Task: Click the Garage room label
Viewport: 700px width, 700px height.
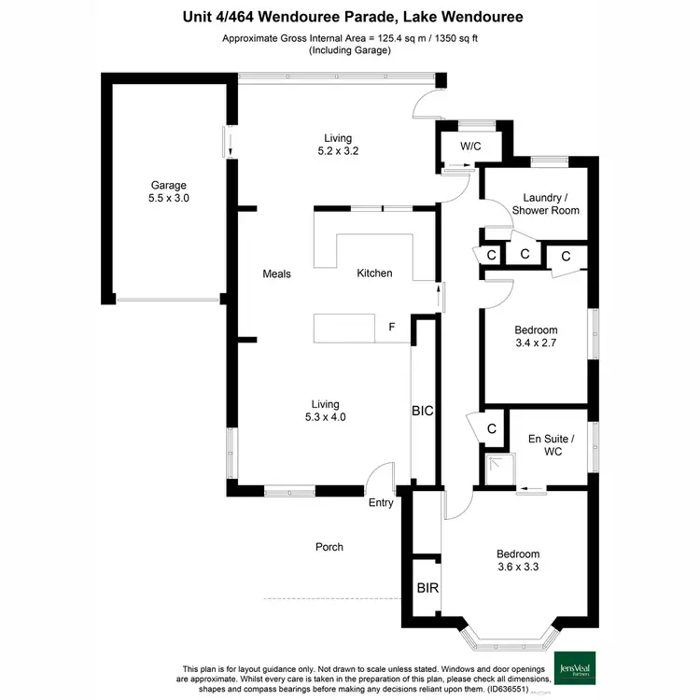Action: [x=170, y=185]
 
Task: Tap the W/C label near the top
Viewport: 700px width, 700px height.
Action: [x=471, y=147]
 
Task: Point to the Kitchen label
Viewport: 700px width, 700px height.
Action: [x=374, y=273]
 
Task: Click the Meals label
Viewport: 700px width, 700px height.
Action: [x=277, y=274]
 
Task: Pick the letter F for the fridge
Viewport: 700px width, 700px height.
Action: [x=391, y=328]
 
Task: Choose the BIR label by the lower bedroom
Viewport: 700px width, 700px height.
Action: [x=427, y=589]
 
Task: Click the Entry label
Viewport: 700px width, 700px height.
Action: [x=381, y=503]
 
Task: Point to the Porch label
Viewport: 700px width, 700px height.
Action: [x=329, y=547]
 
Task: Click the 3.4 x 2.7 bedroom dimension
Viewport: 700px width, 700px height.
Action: [x=536, y=343]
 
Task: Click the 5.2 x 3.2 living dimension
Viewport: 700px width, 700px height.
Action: [x=338, y=150]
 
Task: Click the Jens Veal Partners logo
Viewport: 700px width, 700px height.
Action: [x=578, y=666]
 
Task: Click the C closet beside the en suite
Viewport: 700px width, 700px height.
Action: [x=491, y=428]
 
